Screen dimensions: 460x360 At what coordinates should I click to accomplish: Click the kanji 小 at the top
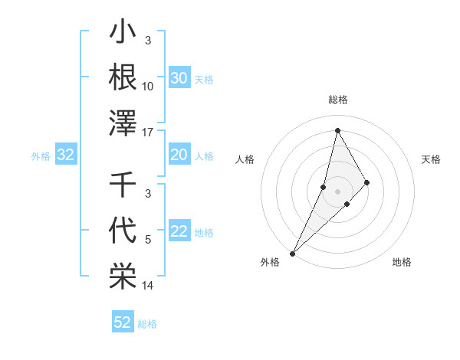[123, 34]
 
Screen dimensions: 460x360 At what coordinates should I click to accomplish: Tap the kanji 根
[123, 78]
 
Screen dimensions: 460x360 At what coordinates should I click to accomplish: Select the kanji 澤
[123, 123]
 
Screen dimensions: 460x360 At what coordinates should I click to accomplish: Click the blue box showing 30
[179, 78]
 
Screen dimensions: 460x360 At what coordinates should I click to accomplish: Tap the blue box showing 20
[179, 155]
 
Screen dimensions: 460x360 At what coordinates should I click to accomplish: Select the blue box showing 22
[179, 232]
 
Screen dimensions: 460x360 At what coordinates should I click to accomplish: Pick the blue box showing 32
[66, 155]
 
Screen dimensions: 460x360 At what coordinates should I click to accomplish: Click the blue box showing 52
[123, 322]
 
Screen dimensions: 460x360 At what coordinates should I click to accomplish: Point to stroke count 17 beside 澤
[148, 132]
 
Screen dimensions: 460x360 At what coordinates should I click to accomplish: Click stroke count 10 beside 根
[148, 87]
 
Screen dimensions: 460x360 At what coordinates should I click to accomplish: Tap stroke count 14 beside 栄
[148, 286]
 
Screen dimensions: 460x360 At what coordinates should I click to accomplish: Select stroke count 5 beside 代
[148, 241]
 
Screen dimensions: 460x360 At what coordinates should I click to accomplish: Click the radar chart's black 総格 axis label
[337, 100]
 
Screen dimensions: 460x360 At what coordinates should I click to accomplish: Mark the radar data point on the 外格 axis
[292, 253]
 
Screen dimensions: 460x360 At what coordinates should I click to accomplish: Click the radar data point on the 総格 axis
[337, 130]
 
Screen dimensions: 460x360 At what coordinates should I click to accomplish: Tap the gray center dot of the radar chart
[337, 191]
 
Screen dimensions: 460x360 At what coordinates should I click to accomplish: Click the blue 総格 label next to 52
[147, 324]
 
